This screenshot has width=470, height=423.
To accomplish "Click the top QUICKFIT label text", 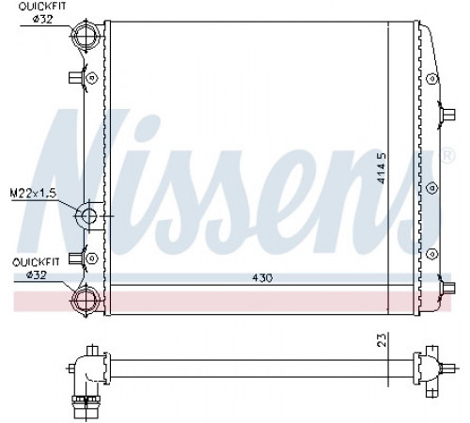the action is pyautogui.click(x=42, y=7).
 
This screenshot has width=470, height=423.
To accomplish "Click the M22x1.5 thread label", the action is pyautogui.click(x=33, y=194).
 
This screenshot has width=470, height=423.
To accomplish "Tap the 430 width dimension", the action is pyautogui.click(x=262, y=278).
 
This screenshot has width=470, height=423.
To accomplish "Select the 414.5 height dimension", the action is pyautogui.click(x=382, y=168).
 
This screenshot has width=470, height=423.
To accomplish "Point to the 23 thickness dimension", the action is pyautogui.click(x=382, y=339).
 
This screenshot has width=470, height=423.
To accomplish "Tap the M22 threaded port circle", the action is pyautogui.click(x=88, y=215).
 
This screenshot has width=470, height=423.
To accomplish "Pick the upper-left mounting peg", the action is pyautogui.click(x=75, y=77).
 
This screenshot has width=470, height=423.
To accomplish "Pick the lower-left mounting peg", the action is pyautogui.click(x=75, y=258).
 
